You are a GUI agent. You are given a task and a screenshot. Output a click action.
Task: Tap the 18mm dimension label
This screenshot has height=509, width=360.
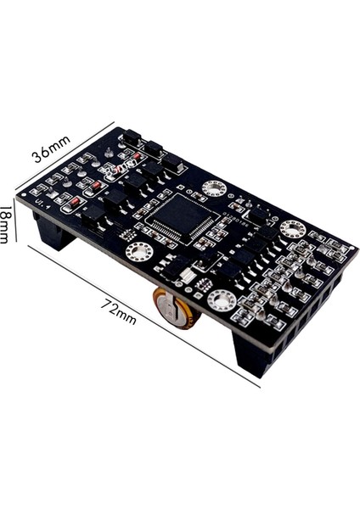6,227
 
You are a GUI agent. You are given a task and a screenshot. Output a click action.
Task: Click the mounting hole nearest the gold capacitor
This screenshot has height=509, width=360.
221,299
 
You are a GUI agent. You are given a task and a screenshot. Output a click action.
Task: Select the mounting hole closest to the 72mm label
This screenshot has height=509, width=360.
138,251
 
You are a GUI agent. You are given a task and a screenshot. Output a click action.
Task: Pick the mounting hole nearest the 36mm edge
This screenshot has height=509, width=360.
213,188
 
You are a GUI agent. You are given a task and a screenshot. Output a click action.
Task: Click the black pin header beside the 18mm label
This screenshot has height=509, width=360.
53,232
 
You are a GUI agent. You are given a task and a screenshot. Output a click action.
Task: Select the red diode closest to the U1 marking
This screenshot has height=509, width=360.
74,201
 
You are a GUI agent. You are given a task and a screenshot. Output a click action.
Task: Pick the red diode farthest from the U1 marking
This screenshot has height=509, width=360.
136,157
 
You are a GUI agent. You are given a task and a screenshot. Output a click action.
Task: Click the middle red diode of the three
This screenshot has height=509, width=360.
97,185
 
